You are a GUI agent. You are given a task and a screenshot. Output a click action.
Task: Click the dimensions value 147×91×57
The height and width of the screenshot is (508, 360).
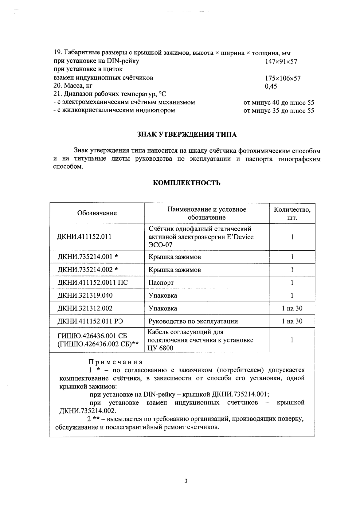click(281, 61)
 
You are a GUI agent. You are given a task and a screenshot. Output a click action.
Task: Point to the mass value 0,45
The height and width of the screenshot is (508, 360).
click(271, 87)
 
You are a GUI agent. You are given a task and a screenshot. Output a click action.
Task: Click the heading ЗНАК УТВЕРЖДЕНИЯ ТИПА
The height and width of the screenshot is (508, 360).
click(186, 135)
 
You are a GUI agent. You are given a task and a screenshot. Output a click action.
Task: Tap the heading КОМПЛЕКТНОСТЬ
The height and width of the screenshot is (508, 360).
click(186, 183)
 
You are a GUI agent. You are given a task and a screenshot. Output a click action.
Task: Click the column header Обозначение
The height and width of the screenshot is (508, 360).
click(97, 213)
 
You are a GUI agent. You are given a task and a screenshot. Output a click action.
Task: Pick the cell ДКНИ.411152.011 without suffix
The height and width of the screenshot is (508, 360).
click(84, 236)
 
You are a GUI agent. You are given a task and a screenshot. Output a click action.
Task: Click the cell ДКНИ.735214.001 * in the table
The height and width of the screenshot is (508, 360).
click(88, 257)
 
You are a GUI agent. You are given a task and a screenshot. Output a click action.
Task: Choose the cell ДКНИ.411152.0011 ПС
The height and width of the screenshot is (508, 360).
click(92, 283)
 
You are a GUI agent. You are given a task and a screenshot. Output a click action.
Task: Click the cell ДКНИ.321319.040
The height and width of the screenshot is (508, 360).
click(85, 295)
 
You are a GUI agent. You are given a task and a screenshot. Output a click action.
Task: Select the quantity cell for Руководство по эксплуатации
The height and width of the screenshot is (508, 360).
click(292, 321)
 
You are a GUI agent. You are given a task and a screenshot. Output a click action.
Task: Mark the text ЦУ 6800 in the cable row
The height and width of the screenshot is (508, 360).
click(160, 348)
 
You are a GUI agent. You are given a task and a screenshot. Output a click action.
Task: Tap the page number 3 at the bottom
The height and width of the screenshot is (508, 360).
click(186, 481)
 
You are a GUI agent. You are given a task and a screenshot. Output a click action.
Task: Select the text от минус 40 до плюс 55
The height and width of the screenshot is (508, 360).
click(279, 103)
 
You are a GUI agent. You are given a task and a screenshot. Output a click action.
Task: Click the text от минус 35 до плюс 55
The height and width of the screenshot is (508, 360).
click(279, 111)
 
